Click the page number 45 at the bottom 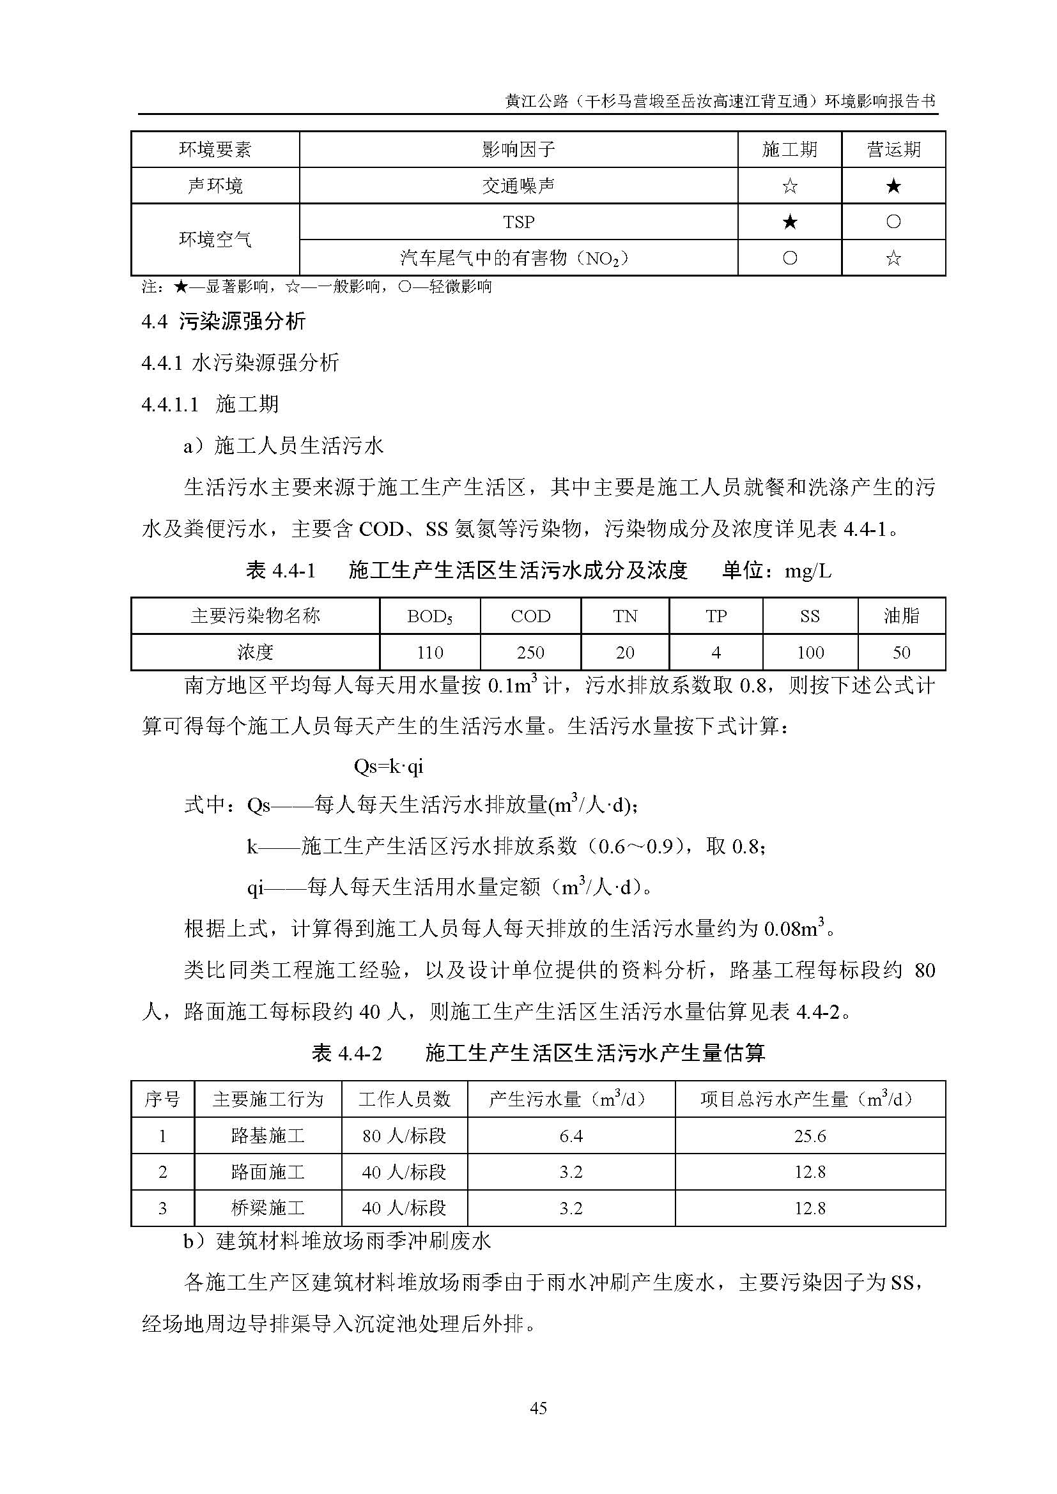pos(538,1408)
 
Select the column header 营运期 pos(893,149)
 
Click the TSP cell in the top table pos(518,222)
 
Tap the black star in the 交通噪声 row pos(893,186)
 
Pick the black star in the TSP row pos(789,222)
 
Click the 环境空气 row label pos(215,240)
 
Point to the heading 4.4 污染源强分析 pos(223,321)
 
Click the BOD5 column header pos(429,616)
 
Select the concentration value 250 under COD pos(530,652)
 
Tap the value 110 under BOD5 pos(429,652)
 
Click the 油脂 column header pos(901,616)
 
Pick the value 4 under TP pos(715,652)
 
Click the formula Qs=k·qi pos(389,766)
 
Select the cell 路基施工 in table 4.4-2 pos(268,1136)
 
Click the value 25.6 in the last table pos(810,1136)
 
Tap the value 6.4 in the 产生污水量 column pos(571,1136)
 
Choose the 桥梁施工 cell pos(268,1208)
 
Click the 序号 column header pos(162,1099)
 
